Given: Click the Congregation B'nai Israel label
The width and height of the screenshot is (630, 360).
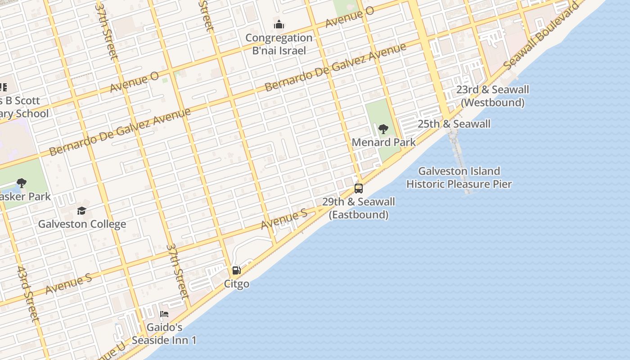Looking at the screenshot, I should pyautogui.click(x=279, y=44).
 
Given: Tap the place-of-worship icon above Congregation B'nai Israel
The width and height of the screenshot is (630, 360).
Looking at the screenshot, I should pyautogui.click(x=279, y=24).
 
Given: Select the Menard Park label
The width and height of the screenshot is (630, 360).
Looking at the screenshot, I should pyautogui.click(x=383, y=142).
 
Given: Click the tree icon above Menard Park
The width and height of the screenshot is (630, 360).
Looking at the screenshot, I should pyautogui.click(x=383, y=130).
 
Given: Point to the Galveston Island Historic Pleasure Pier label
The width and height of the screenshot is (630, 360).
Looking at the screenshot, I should pyautogui.click(x=459, y=177).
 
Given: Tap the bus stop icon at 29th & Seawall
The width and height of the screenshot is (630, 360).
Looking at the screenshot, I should pyautogui.click(x=359, y=188).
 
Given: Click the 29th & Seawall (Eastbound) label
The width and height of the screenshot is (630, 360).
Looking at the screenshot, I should pyautogui.click(x=359, y=208).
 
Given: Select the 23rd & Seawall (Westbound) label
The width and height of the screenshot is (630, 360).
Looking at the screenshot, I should pyautogui.click(x=493, y=96).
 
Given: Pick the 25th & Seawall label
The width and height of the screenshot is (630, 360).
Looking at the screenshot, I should pyautogui.click(x=454, y=124).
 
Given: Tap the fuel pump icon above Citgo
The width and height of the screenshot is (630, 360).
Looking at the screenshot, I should pyautogui.click(x=236, y=270).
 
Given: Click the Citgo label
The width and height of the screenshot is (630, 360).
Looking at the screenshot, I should pyautogui.click(x=237, y=284).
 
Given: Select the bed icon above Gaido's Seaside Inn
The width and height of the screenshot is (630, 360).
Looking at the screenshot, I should pyautogui.click(x=164, y=314).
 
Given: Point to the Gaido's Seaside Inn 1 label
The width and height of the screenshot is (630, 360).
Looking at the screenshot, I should pyautogui.click(x=164, y=333).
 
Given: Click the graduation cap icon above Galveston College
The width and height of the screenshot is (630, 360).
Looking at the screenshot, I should pyautogui.click(x=81, y=211).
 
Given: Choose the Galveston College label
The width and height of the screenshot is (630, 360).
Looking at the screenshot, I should pyautogui.click(x=82, y=224).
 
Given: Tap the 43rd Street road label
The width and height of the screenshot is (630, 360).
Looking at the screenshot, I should pyautogui.click(x=28, y=293).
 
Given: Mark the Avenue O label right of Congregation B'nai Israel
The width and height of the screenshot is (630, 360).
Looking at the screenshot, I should pyautogui.click(x=350, y=18).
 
